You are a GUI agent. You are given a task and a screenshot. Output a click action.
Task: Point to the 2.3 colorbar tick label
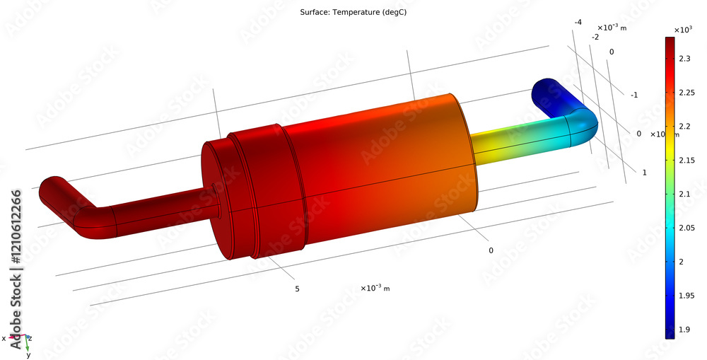pos(684,59)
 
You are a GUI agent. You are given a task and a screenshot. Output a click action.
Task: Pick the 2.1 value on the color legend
pos(684,194)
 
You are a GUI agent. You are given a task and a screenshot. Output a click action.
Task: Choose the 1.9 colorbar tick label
pos(684,330)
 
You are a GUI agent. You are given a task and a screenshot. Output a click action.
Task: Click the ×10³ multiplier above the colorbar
pos(682,29)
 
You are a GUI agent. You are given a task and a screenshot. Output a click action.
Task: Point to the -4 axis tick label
pos(578,23)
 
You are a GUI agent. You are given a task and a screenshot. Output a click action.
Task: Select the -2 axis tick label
pos(595,37)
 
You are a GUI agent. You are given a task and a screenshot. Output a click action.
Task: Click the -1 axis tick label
pos(635,95)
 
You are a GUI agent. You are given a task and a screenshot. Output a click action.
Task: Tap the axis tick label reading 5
pos(297,289)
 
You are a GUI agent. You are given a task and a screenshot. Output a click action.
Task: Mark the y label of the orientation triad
pos(28,354)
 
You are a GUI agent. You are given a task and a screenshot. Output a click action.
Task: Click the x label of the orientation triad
pos(4,338)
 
